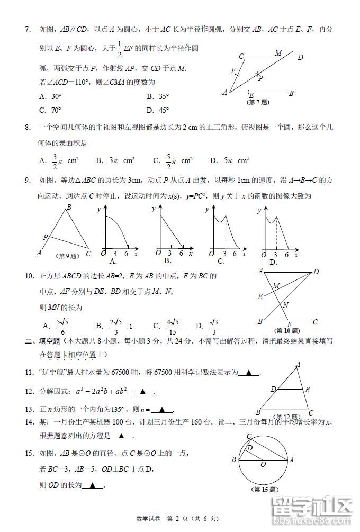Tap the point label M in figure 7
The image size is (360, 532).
click(x=278, y=53)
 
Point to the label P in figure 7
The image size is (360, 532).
click(x=260, y=78)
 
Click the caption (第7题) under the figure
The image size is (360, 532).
click(x=257, y=102)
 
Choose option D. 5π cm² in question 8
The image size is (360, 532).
click(x=229, y=160)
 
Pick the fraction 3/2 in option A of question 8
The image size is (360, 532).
click(x=55, y=160)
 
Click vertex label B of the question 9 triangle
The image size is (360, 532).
click(x=68, y=208)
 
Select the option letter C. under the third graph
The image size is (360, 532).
click(x=221, y=260)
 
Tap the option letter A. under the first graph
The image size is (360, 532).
click(x=112, y=261)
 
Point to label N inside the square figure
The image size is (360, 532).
click(x=285, y=305)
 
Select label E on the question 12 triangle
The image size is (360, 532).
click(x=307, y=389)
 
